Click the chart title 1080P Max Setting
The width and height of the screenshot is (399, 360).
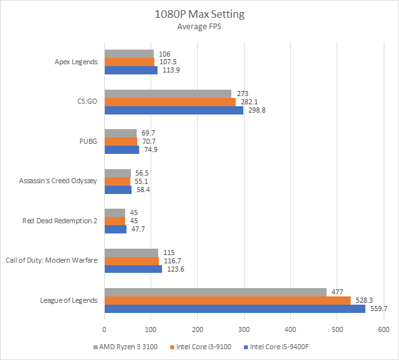[x=199, y=13]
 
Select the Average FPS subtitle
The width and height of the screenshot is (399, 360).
[x=199, y=27]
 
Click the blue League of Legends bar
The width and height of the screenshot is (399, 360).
[x=234, y=308]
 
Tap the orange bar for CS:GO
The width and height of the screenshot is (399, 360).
[x=170, y=102]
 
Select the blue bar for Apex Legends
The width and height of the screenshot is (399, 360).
[x=131, y=70]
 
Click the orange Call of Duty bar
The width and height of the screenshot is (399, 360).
[x=132, y=261]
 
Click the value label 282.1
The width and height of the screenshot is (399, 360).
[x=248, y=102]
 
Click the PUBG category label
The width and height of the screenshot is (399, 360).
[x=88, y=141]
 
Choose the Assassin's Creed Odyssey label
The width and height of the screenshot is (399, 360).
[x=57, y=181]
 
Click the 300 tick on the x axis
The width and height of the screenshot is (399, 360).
[x=244, y=329]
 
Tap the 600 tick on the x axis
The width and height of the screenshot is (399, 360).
[x=383, y=329]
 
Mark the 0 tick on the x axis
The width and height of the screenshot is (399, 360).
[x=104, y=329]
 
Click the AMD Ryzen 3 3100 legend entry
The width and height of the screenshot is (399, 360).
[x=126, y=347]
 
